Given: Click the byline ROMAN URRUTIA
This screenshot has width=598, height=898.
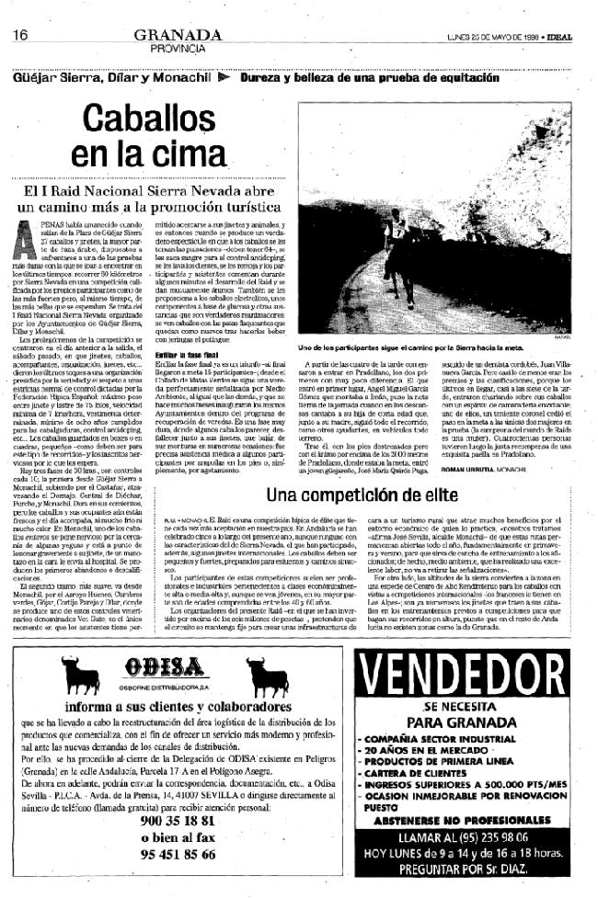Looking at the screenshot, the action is click(x=502, y=468).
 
